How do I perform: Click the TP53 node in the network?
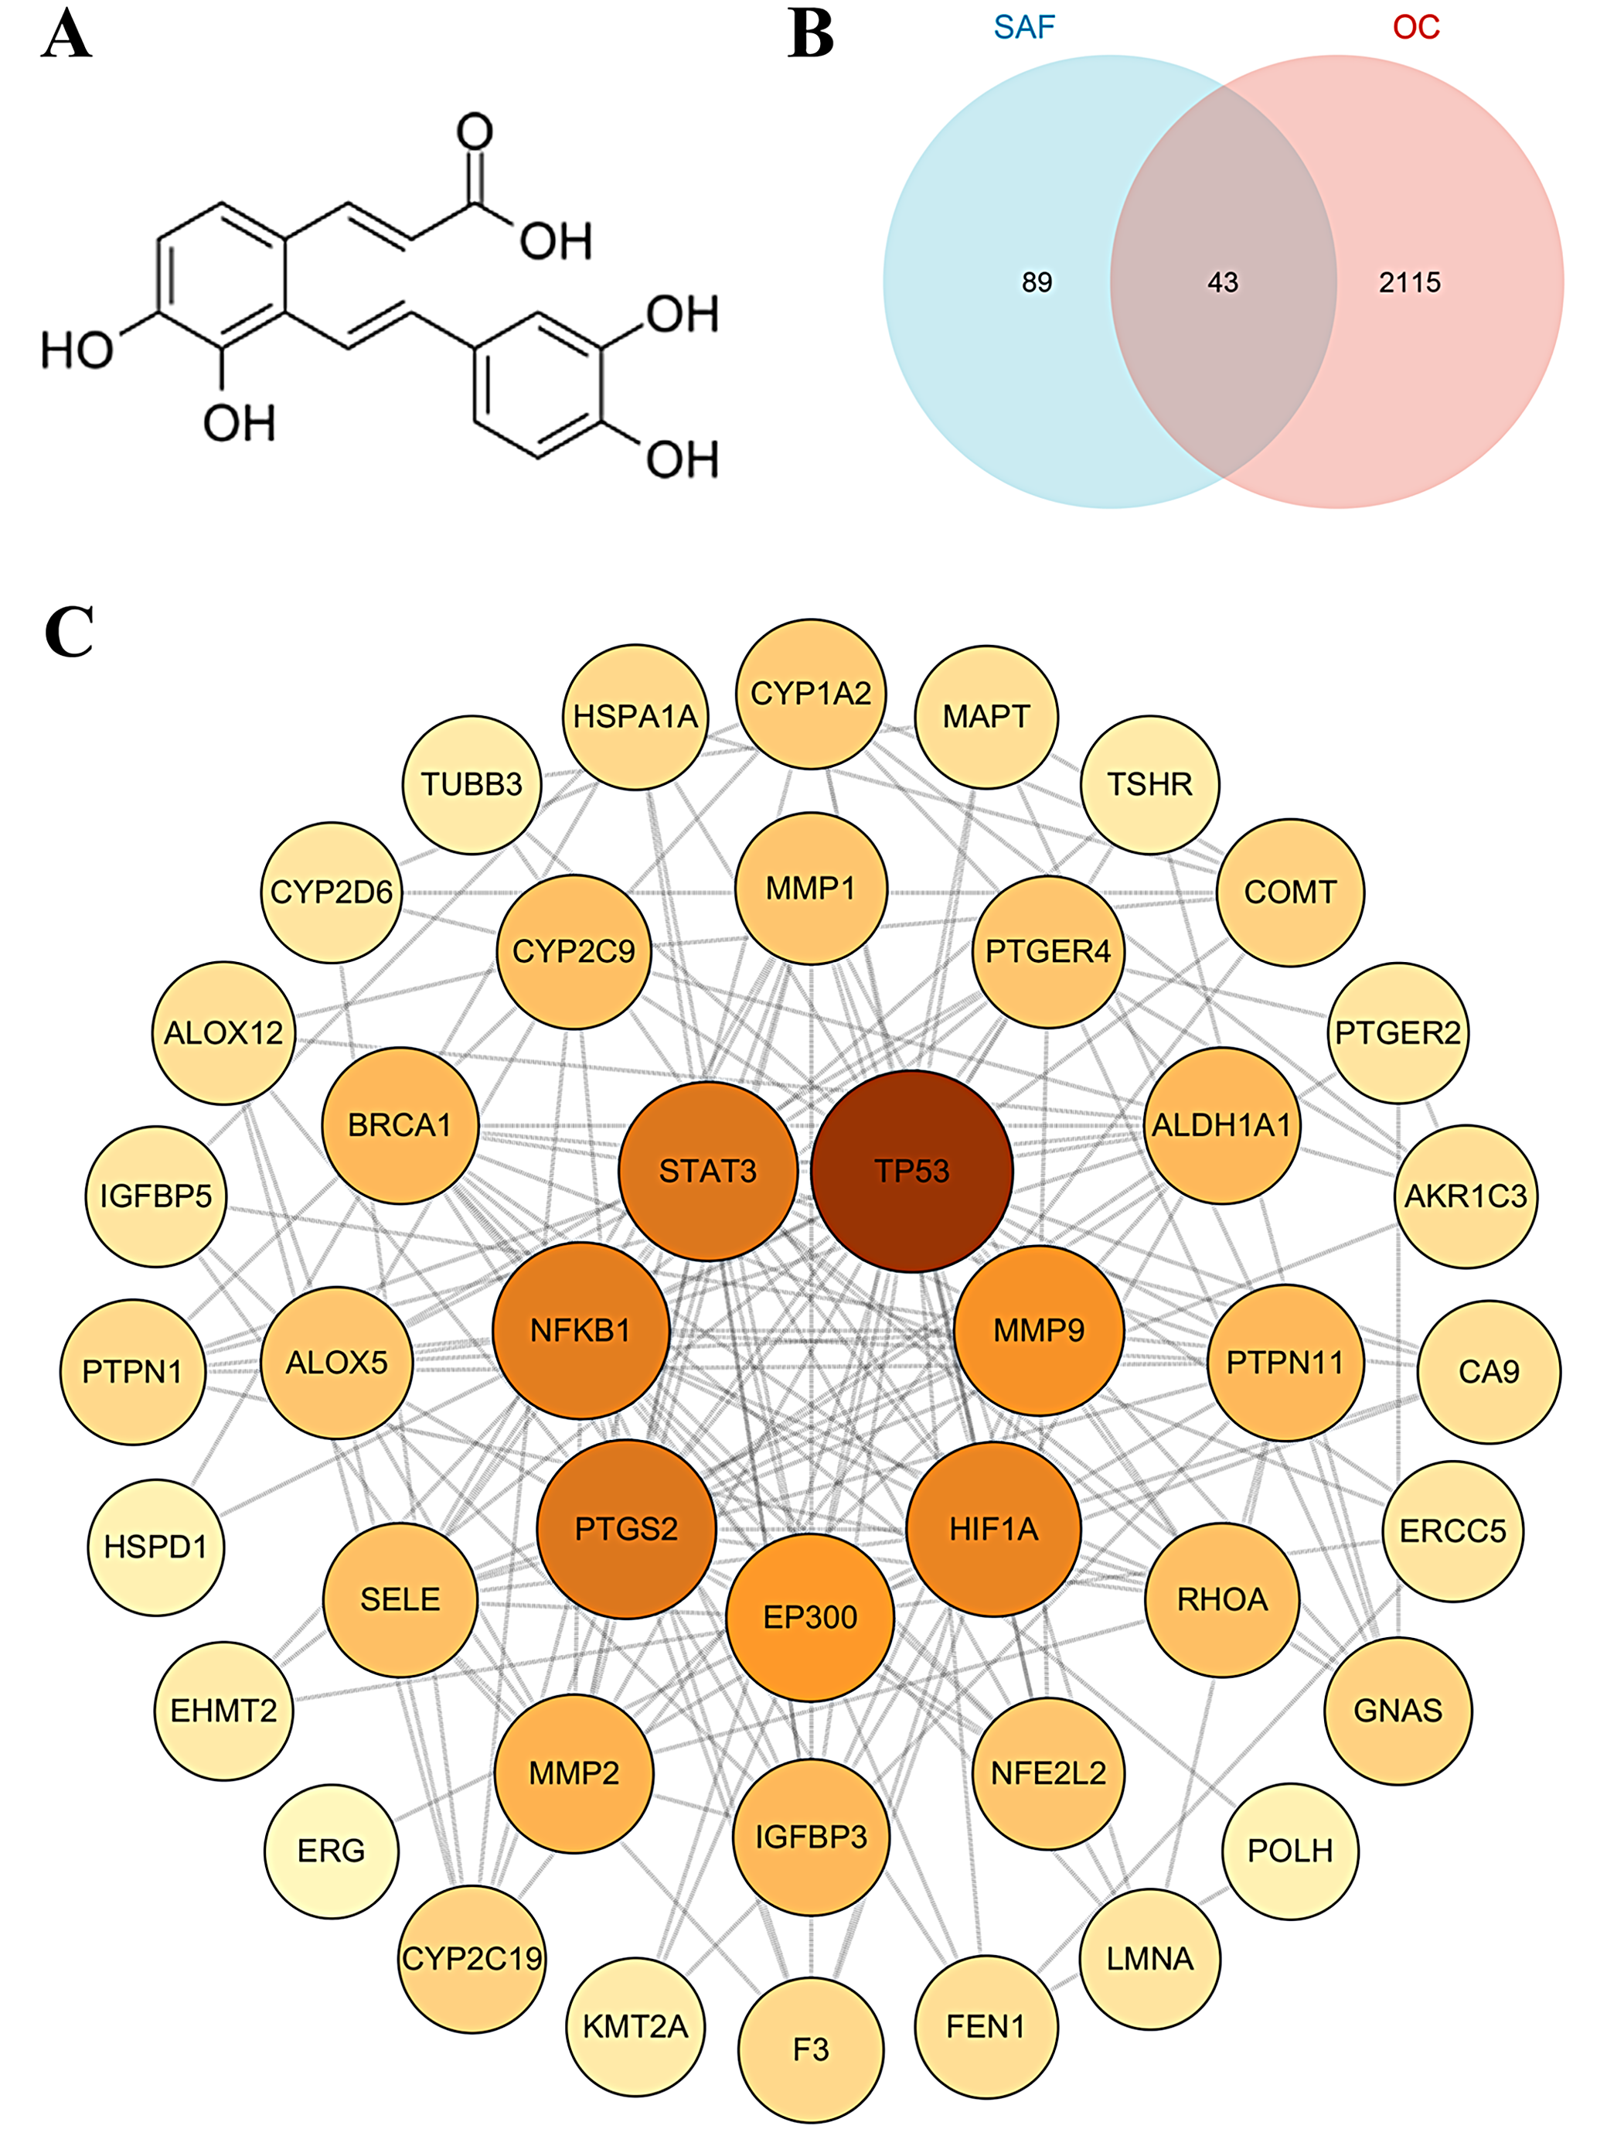pyautogui.click(x=911, y=1170)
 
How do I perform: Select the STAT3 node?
pyautogui.click(x=707, y=1170)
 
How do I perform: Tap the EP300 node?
pyautogui.click(x=810, y=1616)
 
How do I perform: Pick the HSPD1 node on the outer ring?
pyautogui.click(x=155, y=1547)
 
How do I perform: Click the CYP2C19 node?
pyautogui.click(x=472, y=1958)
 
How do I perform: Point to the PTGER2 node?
pyautogui.click(x=1397, y=1032)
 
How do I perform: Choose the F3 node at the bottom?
pyautogui.click(x=811, y=2049)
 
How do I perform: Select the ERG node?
pyautogui.click(x=331, y=1850)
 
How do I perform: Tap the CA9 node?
pyautogui.click(x=1488, y=1371)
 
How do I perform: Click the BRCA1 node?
pyautogui.click(x=400, y=1125)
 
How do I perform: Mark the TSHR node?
pyautogui.click(x=1149, y=784)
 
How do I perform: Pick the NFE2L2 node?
pyautogui.click(x=1048, y=1773)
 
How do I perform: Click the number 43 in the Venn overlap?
pyautogui.click(x=1222, y=282)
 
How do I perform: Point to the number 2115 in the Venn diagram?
pyautogui.click(x=1409, y=282)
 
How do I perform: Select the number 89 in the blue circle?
pyautogui.click(x=1037, y=282)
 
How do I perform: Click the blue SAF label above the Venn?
pyautogui.click(x=1024, y=27)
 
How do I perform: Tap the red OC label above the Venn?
pyautogui.click(x=1416, y=27)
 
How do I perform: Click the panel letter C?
pyautogui.click(x=69, y=632)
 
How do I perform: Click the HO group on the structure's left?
pyautogui.click(x=77, y=350)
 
